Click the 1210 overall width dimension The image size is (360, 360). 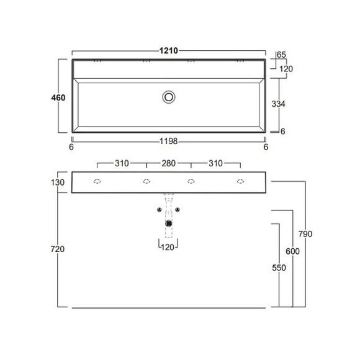[169, 50]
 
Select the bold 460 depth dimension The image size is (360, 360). [59, 97]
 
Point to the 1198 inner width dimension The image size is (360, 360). [169, 142]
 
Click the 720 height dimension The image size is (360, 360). [57, 249]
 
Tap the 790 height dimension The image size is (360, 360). [322, 234]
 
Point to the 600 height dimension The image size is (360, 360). [294, 251]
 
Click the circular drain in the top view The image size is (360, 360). [169, 97]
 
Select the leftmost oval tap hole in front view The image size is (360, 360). [97, 182]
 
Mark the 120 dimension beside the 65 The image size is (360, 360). [286, 68]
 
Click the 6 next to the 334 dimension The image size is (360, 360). [282, 131]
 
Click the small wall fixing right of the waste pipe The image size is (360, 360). [178, 210]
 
